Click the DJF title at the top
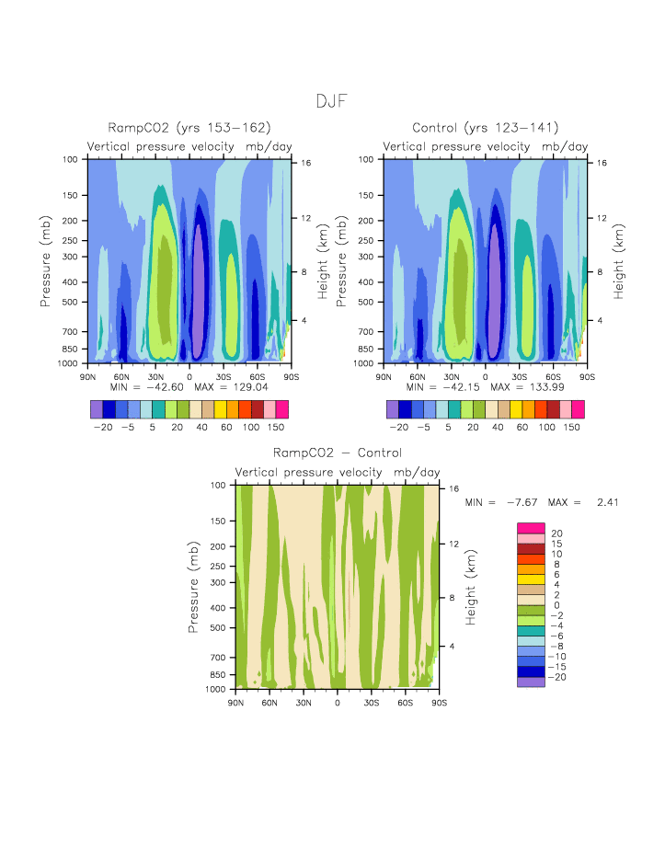pos(332,101)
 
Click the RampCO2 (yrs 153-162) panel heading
pos(189,128)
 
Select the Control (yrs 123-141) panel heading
pos(485,128)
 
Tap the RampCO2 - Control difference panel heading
pos(337,453)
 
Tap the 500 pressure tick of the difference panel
pos(218,628)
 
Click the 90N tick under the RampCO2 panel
pos(88,376)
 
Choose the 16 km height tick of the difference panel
pos(454,488)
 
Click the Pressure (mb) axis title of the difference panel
pos(194,587)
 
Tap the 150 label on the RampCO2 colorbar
pos(276,428)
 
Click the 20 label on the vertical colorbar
pos(556,533)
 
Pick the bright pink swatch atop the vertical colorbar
pos(531,528)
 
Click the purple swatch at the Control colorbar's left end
pos(393,409)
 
